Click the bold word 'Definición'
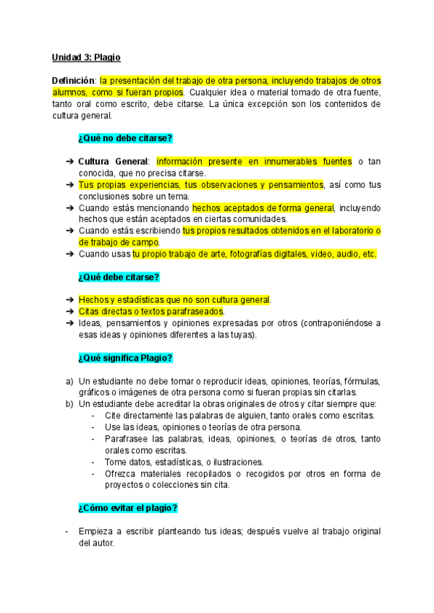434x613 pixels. pyautogui.click(x=74, y=81)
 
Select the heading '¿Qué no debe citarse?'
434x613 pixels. pyautogui.click(x=125, y=138)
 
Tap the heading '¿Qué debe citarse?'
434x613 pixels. pyautogui.click(x=118, y=277)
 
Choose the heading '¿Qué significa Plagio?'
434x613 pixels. pyautogui.click(x=124, y=358)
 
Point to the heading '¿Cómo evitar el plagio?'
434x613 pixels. pyautogui.click(x=127, y=507)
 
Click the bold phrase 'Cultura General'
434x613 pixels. pyautogui.click(x=114, y=161)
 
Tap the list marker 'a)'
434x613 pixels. pyautogui.click(x=69, y=381)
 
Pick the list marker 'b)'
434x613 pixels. pyautogui.click(x=69, y=403)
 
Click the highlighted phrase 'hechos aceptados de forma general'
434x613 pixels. pyautogui.click(x=263, y=207)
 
